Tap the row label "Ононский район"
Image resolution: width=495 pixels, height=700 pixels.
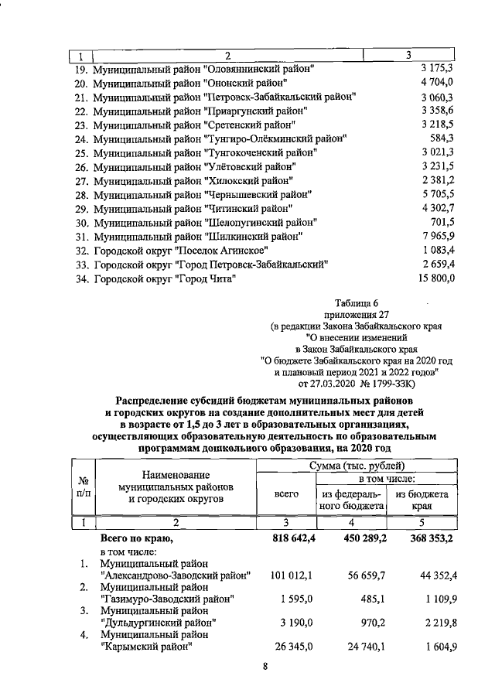(190, 83)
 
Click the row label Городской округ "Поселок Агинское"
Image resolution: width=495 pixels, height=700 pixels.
(181, 250)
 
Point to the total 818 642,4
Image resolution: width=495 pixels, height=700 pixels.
(287, 538)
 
